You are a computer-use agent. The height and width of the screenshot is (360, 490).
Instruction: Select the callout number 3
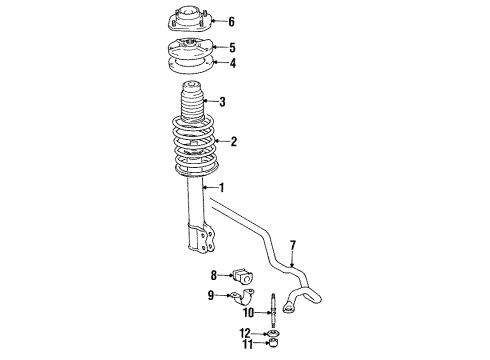(x=222, y=101)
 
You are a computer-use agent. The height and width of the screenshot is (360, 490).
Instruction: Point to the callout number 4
(x=232, y=65)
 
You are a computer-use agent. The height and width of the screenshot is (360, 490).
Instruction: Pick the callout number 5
(x=232, y=47)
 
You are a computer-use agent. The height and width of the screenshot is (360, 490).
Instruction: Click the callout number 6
(x=232, y=21)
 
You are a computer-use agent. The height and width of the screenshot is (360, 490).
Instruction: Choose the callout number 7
(x=294, y=245)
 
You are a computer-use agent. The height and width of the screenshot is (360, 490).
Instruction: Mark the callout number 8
(x=214, y=275)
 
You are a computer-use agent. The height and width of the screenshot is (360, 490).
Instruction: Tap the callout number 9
(x=211, y=295)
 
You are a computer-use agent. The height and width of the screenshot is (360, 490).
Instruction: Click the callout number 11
(x=245, y=346)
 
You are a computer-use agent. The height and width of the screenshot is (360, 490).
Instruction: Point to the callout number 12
(x=245, y=333)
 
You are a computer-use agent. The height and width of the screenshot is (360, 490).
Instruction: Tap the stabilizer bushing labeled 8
(x=245, y=275)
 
